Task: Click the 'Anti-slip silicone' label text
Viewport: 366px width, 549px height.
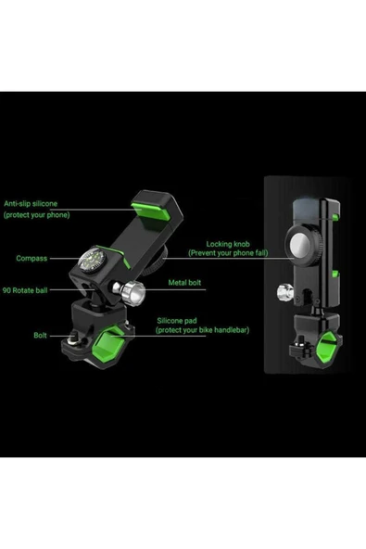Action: pos(31,203)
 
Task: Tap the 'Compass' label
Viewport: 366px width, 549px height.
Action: pos(32,259)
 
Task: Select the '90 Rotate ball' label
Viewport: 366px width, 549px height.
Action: pos(25,290)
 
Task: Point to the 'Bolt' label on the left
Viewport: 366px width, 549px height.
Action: pos(40,336)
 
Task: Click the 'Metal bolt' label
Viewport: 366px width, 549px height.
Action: pos(184,283)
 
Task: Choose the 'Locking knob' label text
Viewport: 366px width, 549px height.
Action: pos(228,244)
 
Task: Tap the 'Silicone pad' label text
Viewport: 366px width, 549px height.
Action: pos(177,321)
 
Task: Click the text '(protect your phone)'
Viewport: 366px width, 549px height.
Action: pos(37,215)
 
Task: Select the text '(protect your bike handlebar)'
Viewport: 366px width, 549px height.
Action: pos(203,330)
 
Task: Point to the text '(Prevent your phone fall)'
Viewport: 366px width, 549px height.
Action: pos(228,253)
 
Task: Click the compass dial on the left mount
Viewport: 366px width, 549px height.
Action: pos(93,262)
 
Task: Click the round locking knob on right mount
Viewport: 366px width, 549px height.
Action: pos(303,245)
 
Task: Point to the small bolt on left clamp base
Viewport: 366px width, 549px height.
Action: pos(74,338)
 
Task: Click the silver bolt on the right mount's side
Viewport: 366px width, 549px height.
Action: pos(285,291)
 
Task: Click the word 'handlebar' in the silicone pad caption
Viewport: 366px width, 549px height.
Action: pos(233,330)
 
